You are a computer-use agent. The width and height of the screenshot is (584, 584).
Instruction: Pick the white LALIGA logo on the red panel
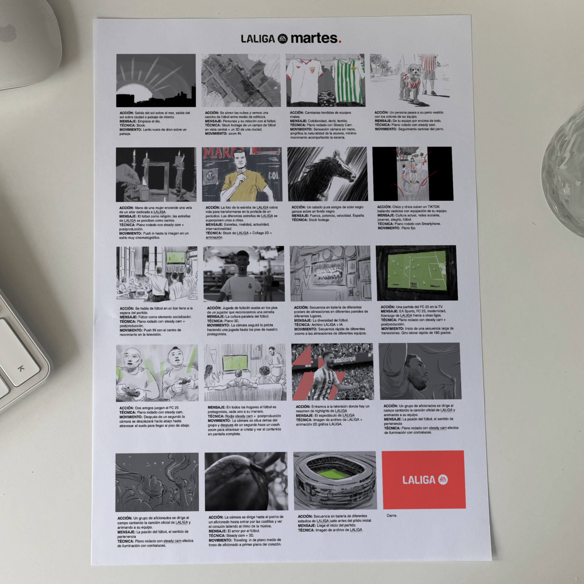pos(425,480)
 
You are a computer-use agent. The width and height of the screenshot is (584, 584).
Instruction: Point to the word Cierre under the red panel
pos(392,515)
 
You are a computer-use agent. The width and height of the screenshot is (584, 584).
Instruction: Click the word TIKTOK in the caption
pos(433,207)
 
